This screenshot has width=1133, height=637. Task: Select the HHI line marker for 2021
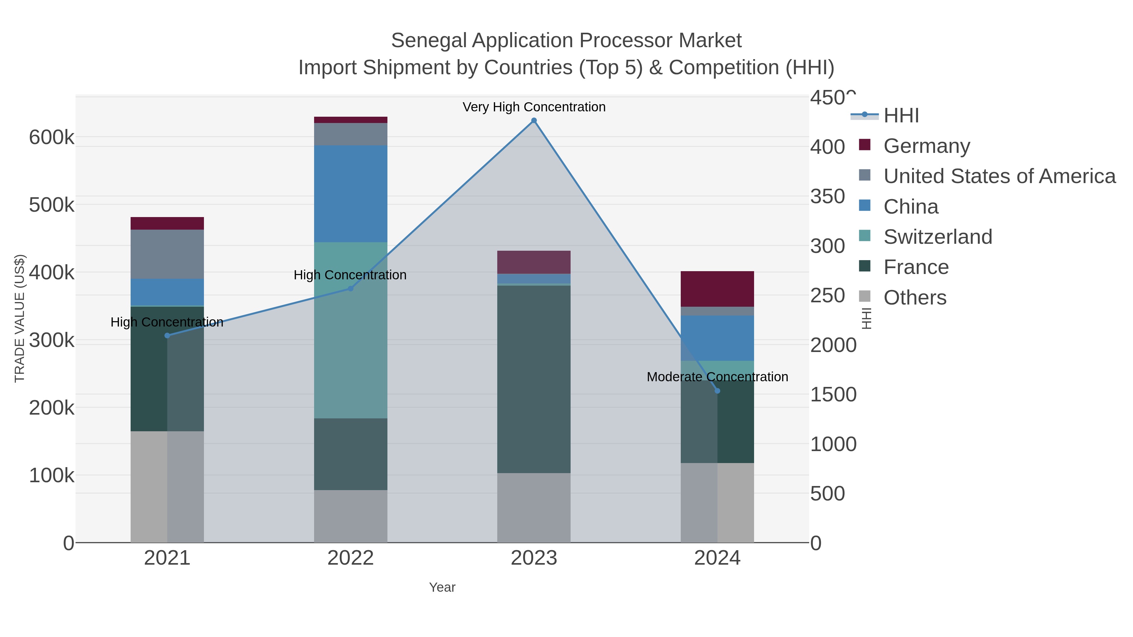click(167, 335)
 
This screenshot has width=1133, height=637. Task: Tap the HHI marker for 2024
click(717, 391)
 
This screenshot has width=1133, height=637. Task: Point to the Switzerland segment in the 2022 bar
click(351, 330)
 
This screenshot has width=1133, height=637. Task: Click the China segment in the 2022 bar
click(351, 193)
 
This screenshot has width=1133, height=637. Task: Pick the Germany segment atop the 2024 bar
click(717, 289)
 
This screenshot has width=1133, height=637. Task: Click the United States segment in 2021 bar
click(167, 254)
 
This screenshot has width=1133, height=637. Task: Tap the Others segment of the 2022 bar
click(351, 516)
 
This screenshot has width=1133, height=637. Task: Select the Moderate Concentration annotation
click(717, 377)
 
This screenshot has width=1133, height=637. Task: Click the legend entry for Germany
click(926, 146)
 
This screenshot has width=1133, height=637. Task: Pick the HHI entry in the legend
click(901, 116)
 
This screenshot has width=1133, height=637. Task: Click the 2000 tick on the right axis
click(833, 345)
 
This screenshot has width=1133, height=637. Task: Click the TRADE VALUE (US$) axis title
click(20, 318)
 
